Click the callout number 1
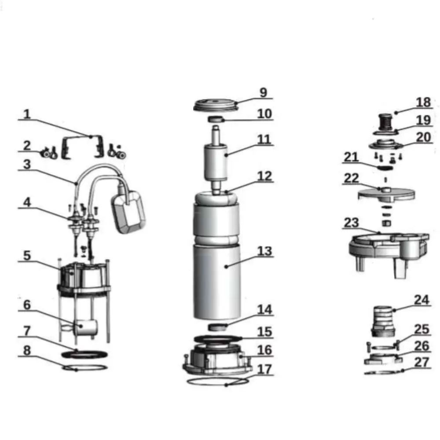click(x=27, y=114)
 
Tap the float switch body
click(x=128, y=212)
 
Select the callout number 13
click(x=264, y=251)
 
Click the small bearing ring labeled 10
click(x=216, y=119)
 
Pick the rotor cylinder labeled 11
click(x=215, y=163)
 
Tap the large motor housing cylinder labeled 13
click(x=217, y=282)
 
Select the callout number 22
click(x=351, y=178)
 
